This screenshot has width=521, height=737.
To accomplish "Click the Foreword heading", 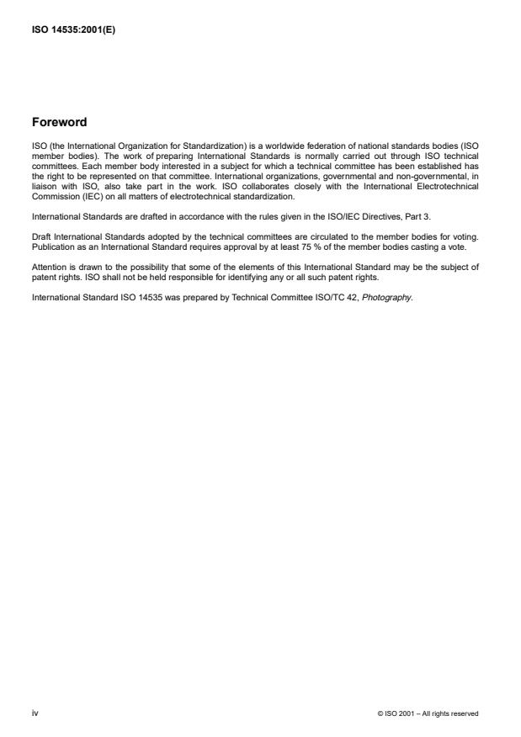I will coord(59,122).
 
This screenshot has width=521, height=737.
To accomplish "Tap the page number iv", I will coord(35,713).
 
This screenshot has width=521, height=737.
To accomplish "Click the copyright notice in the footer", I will coord(428,714).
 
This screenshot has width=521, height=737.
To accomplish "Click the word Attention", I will coord(46,268).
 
